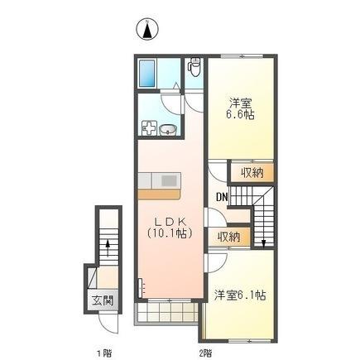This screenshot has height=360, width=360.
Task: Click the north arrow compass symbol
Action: point(146,31)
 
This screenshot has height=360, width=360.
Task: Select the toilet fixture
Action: point(194,65)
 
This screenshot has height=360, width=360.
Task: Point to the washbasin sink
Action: point(167,129)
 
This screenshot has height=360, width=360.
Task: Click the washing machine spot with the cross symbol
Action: point(150,128)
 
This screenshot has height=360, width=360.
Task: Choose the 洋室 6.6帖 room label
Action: point(240,108)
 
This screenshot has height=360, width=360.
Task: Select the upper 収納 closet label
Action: point(242,173)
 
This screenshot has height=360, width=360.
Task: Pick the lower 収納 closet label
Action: point(229,237)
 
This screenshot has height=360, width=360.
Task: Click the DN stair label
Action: point(222,197)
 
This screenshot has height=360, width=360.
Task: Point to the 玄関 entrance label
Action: point(101,300)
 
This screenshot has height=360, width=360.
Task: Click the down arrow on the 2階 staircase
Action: point(262,239)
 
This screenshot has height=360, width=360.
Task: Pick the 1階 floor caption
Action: point(103,352)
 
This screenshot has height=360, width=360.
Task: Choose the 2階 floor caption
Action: point(205,352)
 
